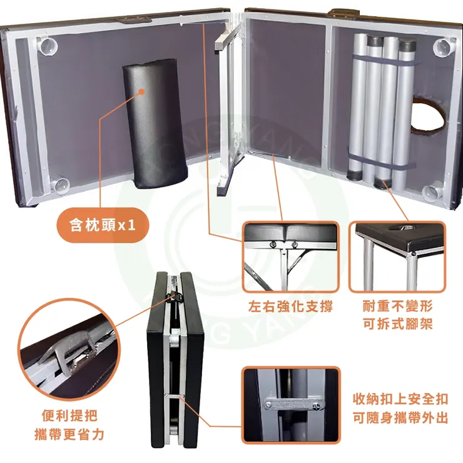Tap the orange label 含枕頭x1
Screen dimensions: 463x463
click(x=103, y=223)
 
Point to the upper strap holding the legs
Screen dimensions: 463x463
click(x=382, y=61)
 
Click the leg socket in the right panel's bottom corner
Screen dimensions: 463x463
click(x=431, y=191)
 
